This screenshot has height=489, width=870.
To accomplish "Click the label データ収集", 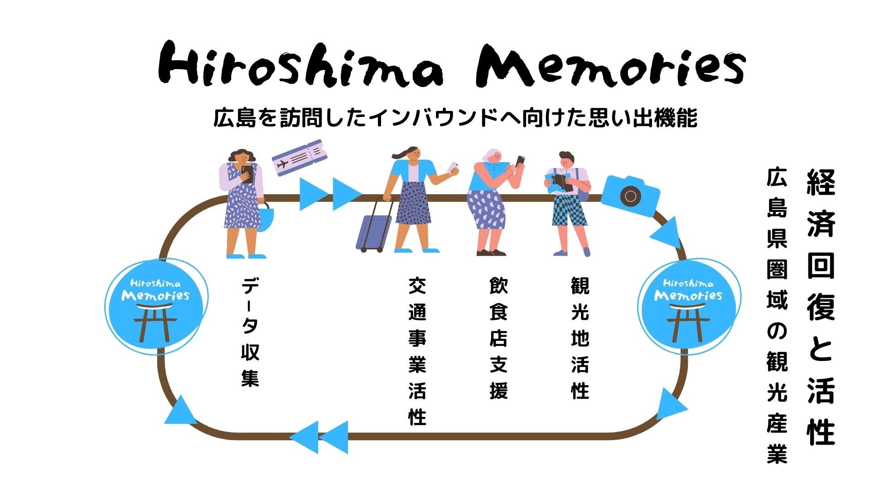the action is pyautogui.click(x=250, y=333).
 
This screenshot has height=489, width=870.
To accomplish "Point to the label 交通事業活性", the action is pyautogui.click(x=417, y=351).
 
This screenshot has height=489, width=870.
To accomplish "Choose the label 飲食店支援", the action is pyautogui.click(x=498, y=337).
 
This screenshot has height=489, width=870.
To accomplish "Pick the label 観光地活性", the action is pyautogui.click(x=580, y=337).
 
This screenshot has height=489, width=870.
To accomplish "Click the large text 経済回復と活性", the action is pyautogui.click(x=821, y=308).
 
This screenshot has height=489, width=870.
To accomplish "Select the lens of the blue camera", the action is pyautogui.click(x=629, y=196).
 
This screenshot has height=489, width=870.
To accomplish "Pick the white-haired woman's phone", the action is pyautogui.click(x=520, y=161).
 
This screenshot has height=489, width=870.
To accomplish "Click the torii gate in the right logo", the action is pyautogui.click(x=688, y=322).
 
